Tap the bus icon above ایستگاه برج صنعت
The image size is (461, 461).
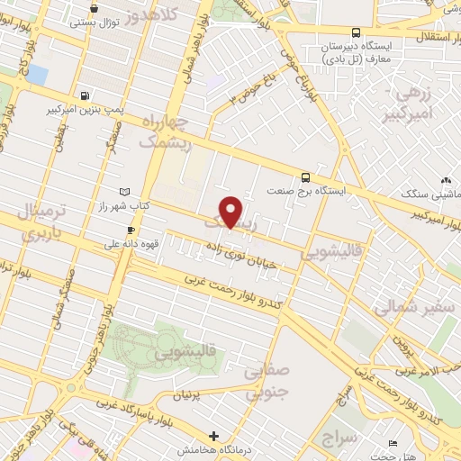(x=307, y=177)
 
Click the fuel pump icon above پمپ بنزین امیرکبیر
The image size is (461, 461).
(x=85, y=95)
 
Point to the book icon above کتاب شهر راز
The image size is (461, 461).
(x=124, y=192)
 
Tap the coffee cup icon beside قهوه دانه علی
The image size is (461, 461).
(x=131, y=230)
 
